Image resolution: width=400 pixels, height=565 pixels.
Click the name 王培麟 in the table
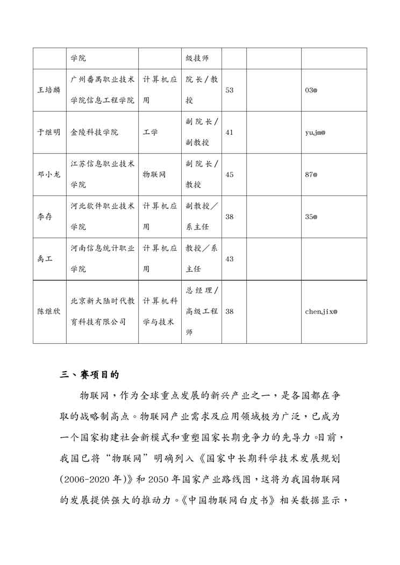49,90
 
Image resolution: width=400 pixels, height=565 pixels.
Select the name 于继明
49,132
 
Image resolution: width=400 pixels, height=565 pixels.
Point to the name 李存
45,216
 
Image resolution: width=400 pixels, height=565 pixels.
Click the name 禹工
45,259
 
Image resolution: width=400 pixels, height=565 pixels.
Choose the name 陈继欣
49,312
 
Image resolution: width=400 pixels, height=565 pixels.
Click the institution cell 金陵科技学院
95,132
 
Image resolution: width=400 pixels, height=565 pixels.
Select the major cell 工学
151,132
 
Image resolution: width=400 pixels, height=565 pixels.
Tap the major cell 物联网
154,175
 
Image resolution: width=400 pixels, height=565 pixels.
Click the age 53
229,90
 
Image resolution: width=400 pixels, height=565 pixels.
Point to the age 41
229,132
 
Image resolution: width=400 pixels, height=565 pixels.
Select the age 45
229,175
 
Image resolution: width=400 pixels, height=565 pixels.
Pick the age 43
229,259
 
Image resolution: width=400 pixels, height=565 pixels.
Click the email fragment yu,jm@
315,132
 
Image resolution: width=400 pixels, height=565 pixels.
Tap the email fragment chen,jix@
321,312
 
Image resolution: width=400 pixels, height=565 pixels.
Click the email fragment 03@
311,90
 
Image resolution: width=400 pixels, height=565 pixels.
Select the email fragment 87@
311,175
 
